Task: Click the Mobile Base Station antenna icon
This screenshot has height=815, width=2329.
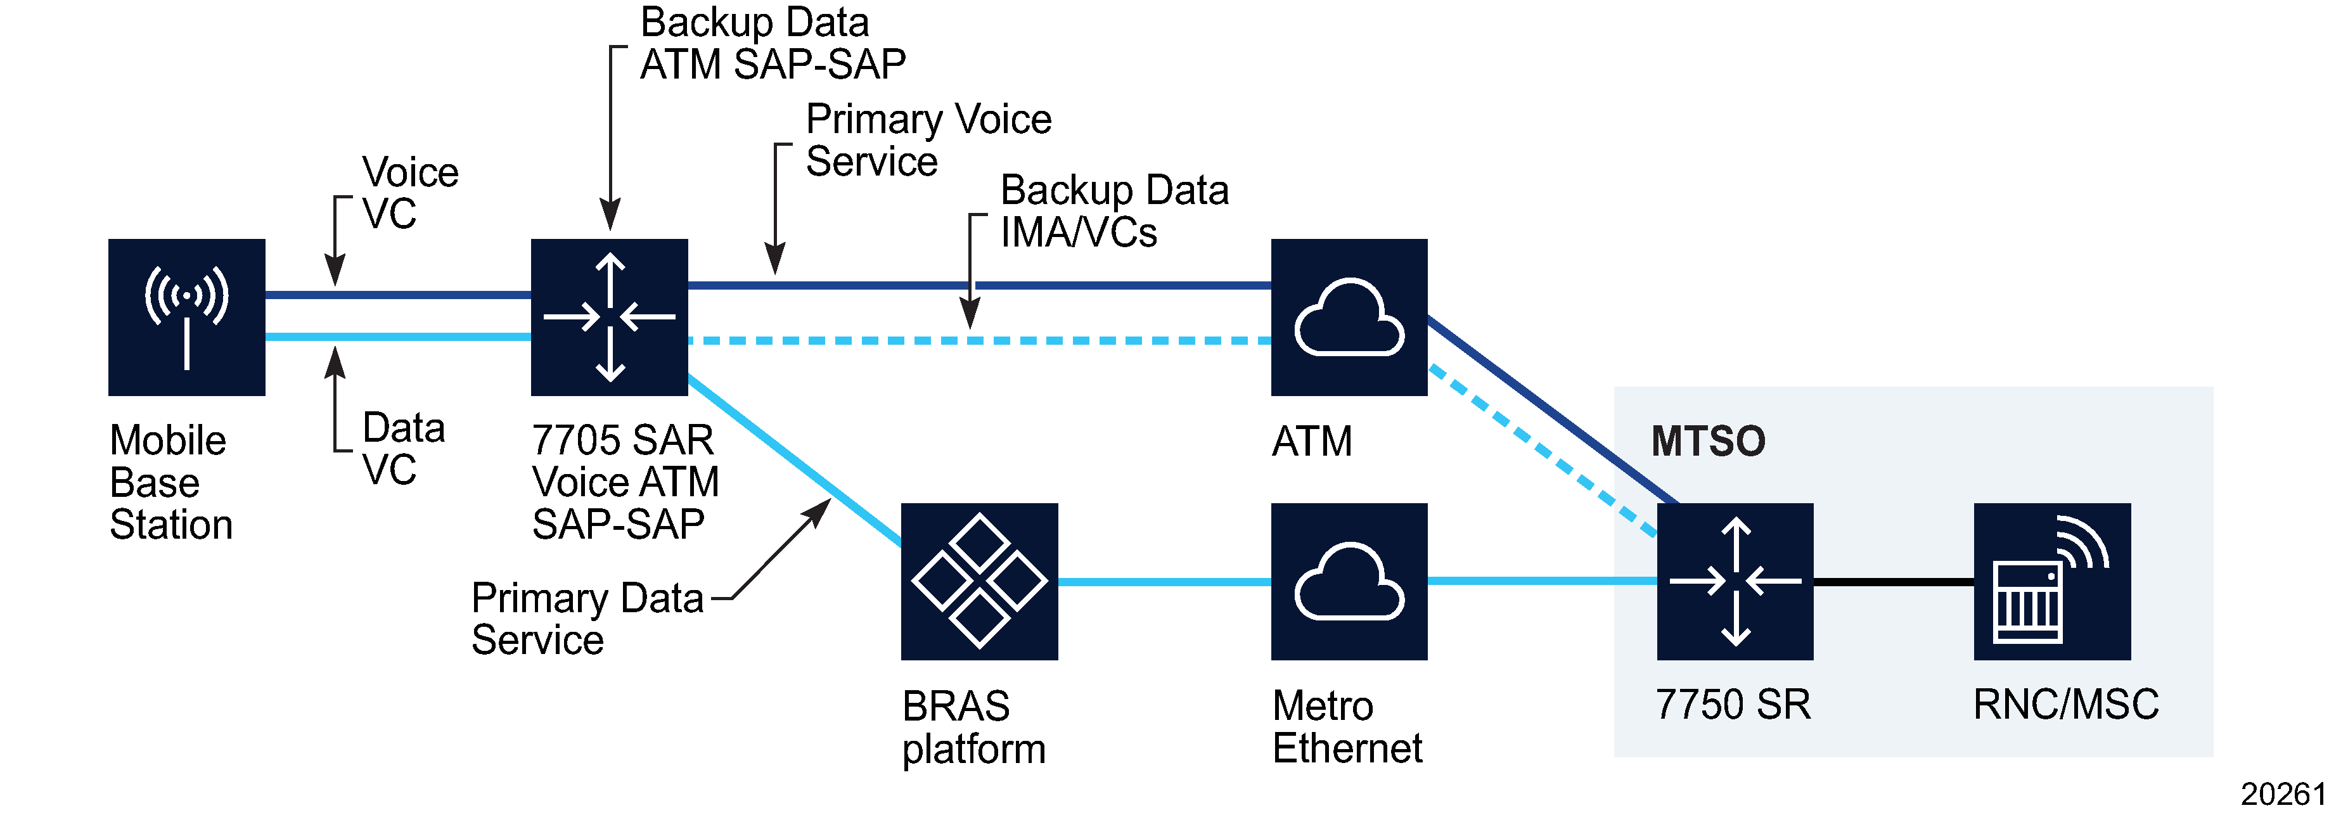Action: click(x=186, y=317)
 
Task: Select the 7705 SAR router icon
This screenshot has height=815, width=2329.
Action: click(x=610, y=317)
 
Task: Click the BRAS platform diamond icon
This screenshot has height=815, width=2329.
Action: click(x=979, y=581)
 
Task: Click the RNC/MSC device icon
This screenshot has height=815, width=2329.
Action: click(x=2051, y=581)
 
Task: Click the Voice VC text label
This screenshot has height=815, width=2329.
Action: click(x=409, y=193)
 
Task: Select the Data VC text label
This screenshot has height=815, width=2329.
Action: click(x=402, y=449)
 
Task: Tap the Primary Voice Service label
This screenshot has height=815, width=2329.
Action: click(x=928, y=140)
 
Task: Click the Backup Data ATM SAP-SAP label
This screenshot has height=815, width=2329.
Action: click(x=771, y=44)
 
